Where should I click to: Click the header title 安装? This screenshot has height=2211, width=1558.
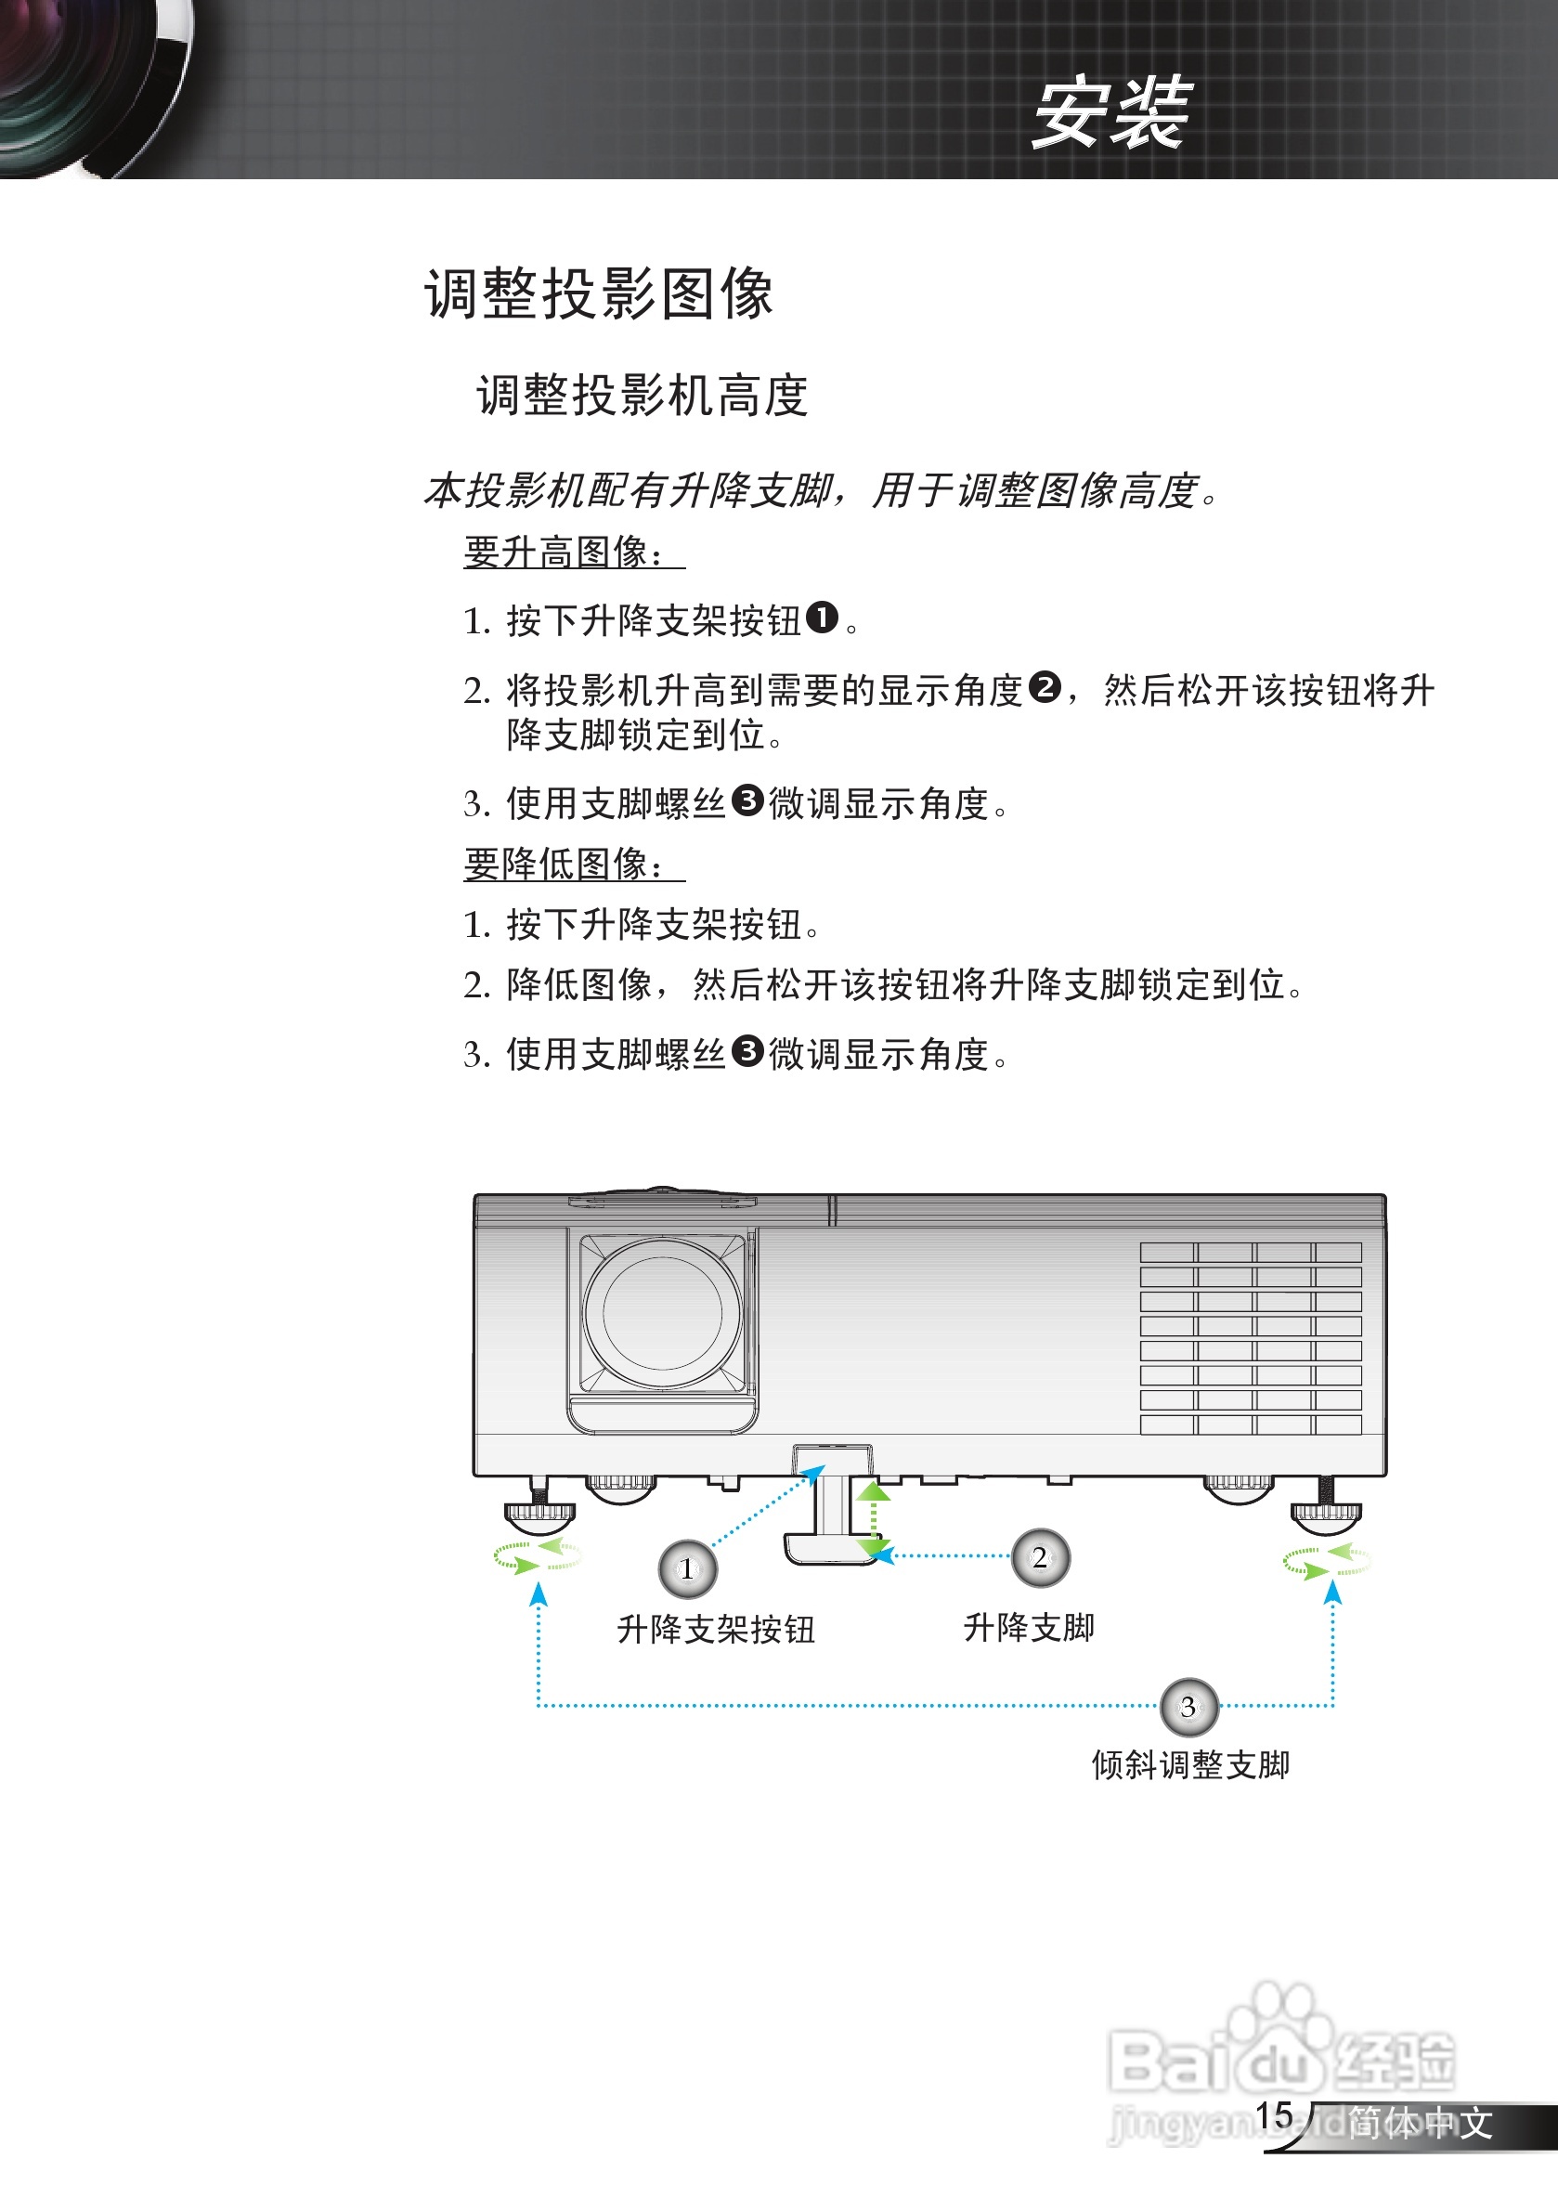point(1111,113)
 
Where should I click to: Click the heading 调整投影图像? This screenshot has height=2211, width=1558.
point(598,293)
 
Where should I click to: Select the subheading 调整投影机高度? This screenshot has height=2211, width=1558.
point(642,396)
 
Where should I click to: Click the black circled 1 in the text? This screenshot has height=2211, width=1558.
point(822,618)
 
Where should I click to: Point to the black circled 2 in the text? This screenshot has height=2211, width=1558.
point(1045,687)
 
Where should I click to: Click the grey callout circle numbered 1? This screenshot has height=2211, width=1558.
point(687,1568)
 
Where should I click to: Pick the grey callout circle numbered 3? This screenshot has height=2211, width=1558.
point(1188,1708)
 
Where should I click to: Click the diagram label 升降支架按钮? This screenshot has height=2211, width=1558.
point(716,1630)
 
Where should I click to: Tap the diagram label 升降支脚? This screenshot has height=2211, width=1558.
point(1029,1628)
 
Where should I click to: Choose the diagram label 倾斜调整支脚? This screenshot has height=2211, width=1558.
point(1190,1765)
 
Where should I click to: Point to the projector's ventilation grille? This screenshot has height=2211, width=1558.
point(1250,1337)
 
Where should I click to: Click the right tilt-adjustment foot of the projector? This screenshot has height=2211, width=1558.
point(1326,1513)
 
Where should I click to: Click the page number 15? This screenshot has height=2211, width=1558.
point(1273,2115)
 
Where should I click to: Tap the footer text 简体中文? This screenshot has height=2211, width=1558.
point(1420,2123)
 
